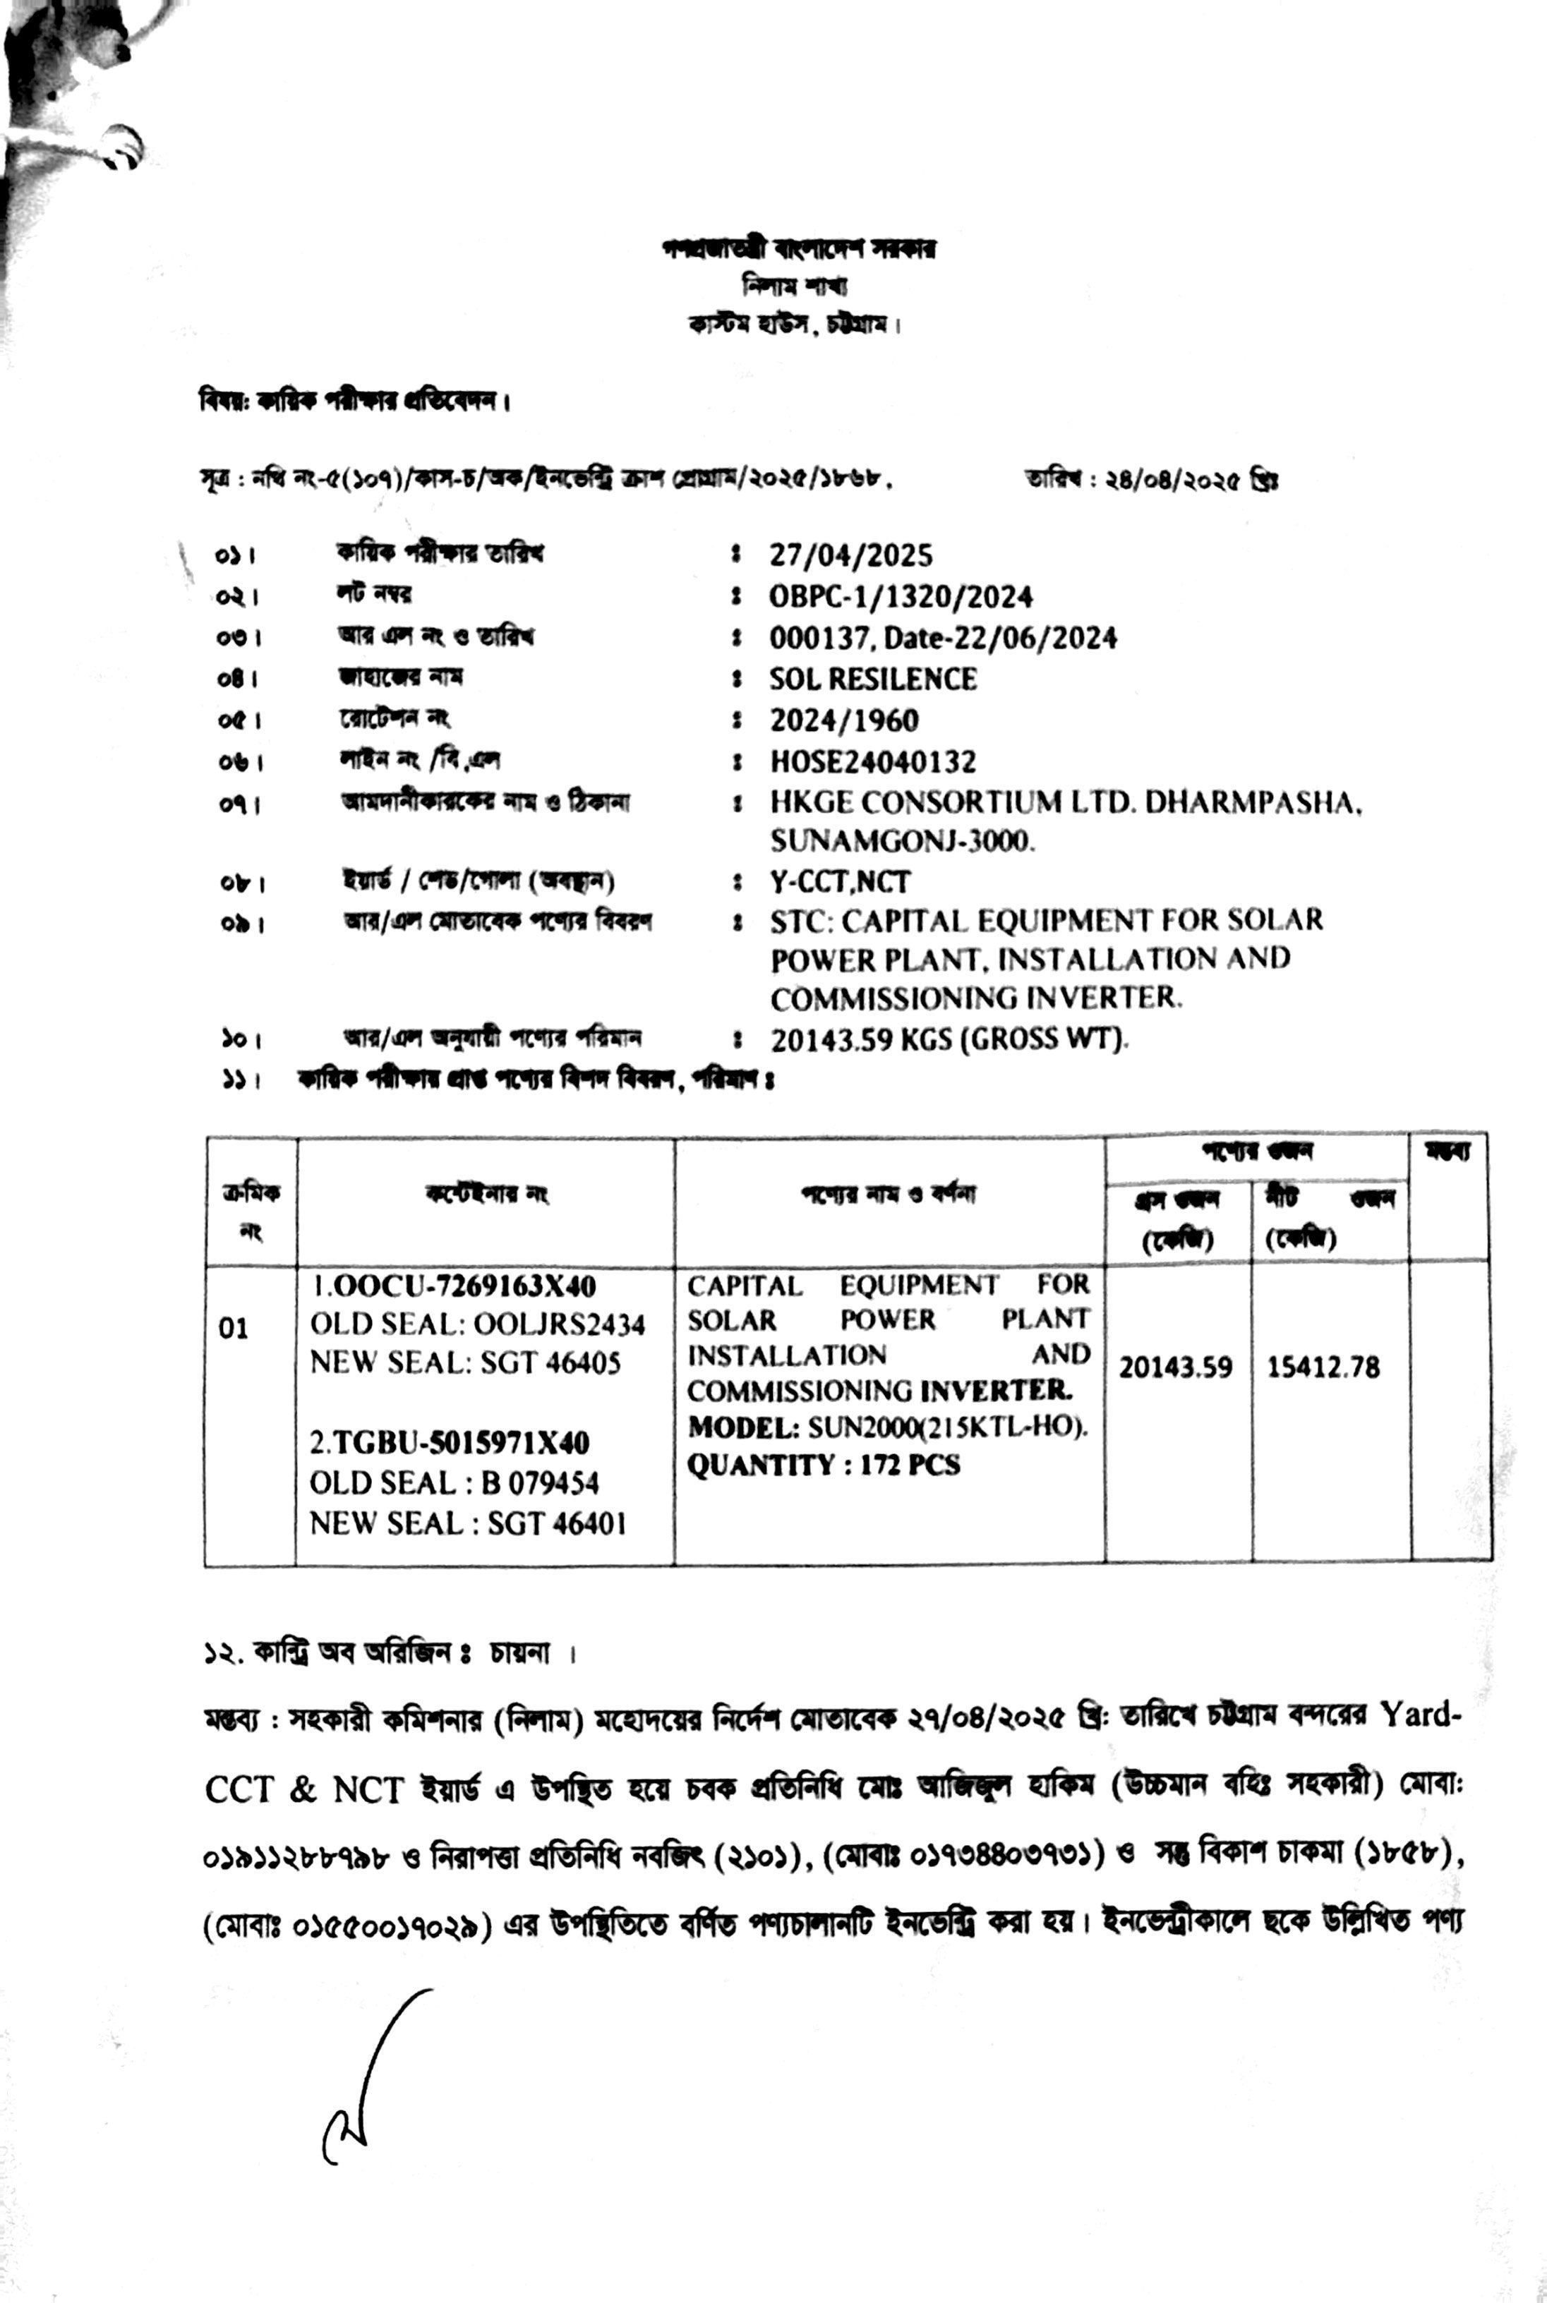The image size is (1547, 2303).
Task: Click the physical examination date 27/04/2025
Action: [x=850, y=555]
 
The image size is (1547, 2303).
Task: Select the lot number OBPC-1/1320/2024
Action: [x=901, y=597]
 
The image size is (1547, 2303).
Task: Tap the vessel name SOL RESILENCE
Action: [x=873, y=679]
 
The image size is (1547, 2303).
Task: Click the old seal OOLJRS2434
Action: [x=560, y=1324]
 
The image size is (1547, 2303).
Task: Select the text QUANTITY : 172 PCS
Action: [x=824, y=1465]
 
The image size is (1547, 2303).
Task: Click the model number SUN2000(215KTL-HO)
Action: [x=947, y=1427]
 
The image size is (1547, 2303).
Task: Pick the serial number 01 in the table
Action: [x=234, y=1329]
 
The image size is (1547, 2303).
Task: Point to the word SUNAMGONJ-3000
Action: [x=903, y=841]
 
